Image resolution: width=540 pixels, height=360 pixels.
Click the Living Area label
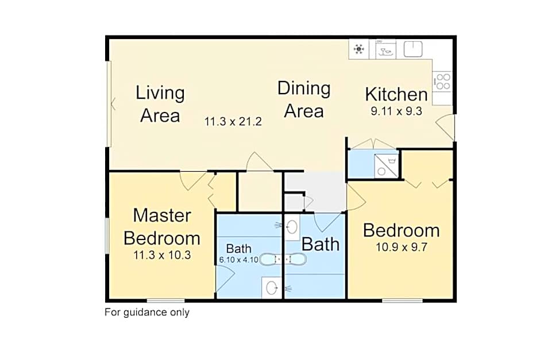point(160,104)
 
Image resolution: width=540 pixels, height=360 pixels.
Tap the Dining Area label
point(304,99)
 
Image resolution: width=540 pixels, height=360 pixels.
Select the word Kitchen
point(396,94)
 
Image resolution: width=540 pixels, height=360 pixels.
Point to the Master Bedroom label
point(162,226)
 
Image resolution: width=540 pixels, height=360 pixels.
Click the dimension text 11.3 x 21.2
point(233,121)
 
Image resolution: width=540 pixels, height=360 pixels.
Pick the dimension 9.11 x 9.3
point(396,111)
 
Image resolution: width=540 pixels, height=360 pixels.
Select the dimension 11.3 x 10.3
point(162,255)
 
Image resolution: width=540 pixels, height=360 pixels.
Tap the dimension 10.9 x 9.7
point(401,248)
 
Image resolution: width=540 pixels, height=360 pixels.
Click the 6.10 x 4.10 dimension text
point(238,260)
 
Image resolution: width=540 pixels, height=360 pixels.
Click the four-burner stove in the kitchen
point(442,81)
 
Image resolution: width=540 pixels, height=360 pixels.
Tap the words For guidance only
point(146,312)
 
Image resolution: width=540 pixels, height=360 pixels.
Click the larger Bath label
point(321,244)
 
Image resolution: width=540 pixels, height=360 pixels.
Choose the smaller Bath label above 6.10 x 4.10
point(238,249)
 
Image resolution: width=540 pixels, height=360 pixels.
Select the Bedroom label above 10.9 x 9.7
point(401,230)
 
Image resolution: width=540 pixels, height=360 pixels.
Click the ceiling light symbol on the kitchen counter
point(360,49)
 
